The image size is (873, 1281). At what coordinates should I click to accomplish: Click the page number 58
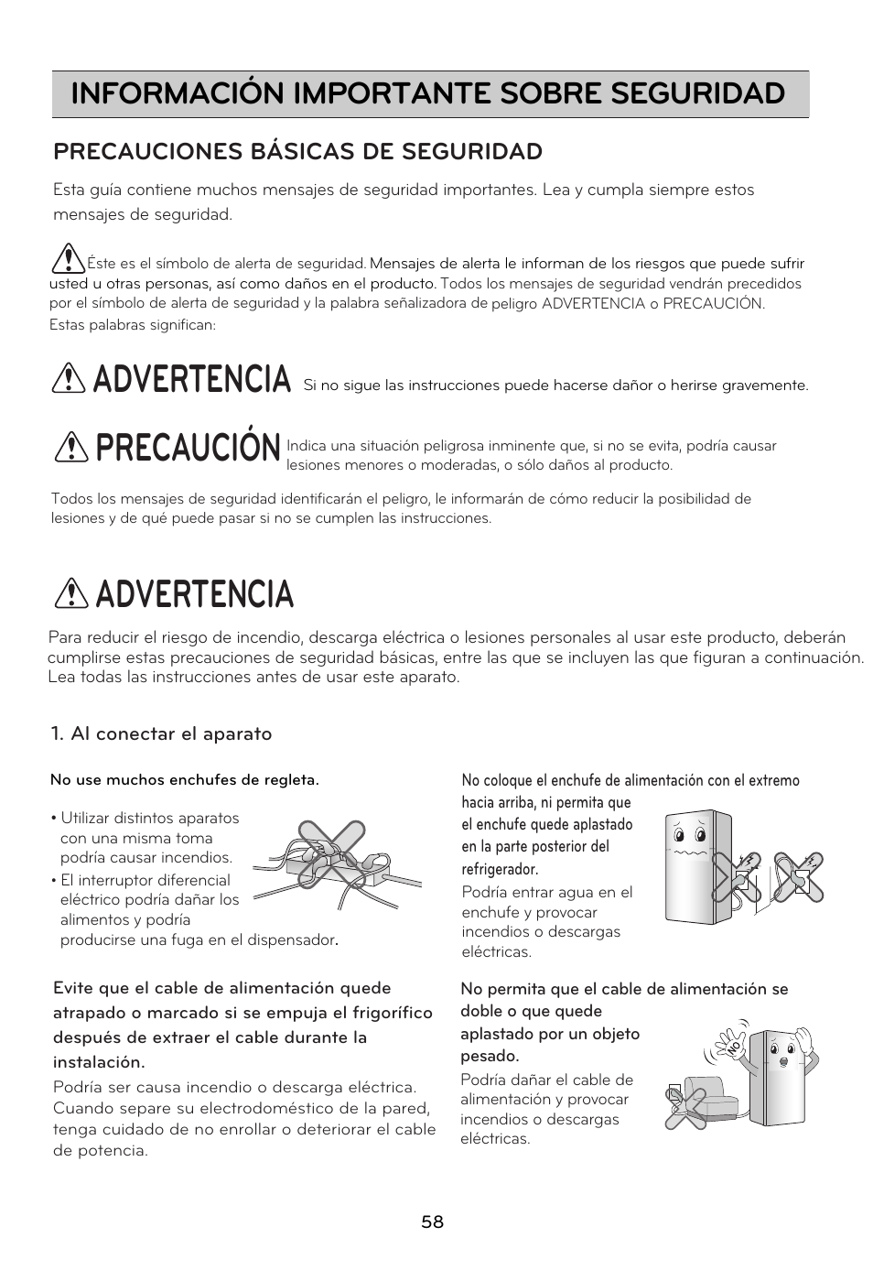tap(433, 1222)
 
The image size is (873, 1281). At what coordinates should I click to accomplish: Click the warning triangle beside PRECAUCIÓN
tap(70, 446)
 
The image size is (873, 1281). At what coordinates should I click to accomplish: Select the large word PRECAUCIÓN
tap(187, 448)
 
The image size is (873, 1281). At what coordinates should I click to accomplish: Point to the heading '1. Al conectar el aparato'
tap(162, 733)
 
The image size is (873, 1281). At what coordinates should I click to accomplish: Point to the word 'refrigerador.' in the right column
tap(500, 869)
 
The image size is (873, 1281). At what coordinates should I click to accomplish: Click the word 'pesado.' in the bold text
tap(490, 1056)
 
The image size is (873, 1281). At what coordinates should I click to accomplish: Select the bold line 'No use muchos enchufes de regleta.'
tap(185, 780)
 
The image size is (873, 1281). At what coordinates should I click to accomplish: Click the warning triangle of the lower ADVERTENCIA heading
tap(70, 595)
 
